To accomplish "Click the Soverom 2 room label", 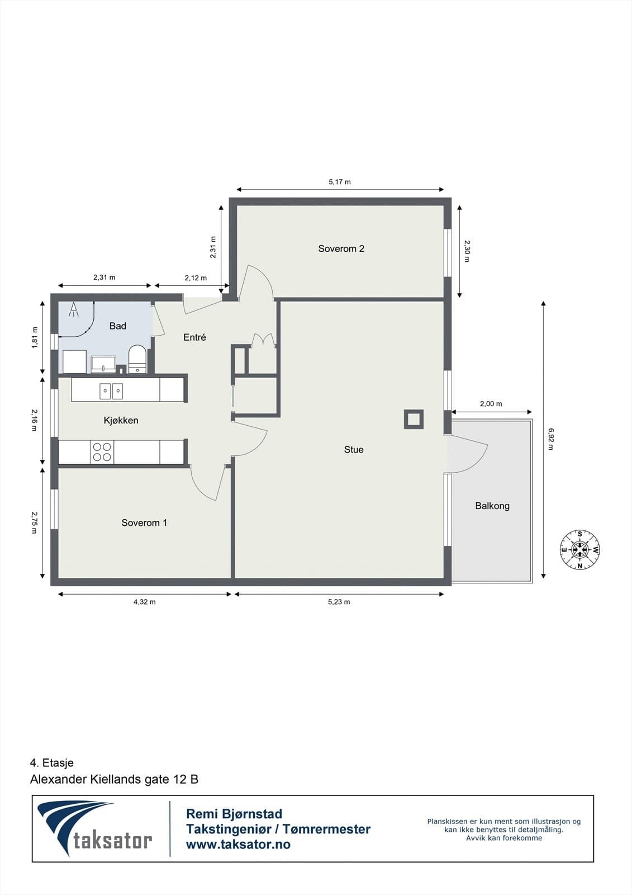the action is (x=341, y=248).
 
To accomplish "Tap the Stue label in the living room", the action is (x=354, y=450).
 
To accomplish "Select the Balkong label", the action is (x=492, y=506).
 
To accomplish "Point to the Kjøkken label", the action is (x=121, y=420).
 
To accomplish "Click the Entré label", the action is (x=194, y=337).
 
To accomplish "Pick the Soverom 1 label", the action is (x=144, y=522).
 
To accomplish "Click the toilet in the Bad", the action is (x=137, y=359).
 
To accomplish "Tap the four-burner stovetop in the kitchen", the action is (x=102, y=452).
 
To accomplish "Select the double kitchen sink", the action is (x=111, y=391).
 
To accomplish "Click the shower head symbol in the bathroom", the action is (x=73, y=310).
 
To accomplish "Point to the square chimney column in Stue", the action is (x=414, y=420).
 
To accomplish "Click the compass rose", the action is (x=579, y=549).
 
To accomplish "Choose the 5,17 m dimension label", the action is (x=340, y=182).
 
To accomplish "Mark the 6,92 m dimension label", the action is (x=550, y=439).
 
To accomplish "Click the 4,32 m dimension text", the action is (x=145, y=602).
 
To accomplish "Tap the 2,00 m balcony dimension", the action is (x=491, y=403).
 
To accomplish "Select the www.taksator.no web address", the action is (x=239, y=844).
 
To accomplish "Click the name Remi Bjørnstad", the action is (x=234, y=814).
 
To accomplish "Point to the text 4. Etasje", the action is (x=52, y=763).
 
